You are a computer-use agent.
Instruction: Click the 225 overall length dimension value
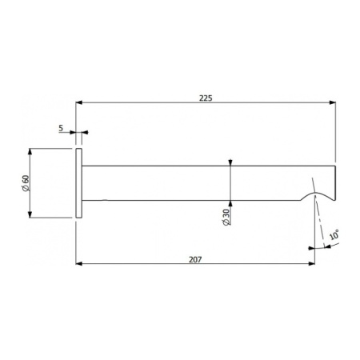point(206,96)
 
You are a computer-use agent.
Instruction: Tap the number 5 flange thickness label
point(61,126)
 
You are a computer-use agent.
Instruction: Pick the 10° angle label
point(334,236)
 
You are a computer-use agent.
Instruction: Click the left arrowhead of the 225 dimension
point(79,102)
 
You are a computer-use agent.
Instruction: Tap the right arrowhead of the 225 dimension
point(331,102)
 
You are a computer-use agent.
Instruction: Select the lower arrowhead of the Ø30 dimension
point(230,200)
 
